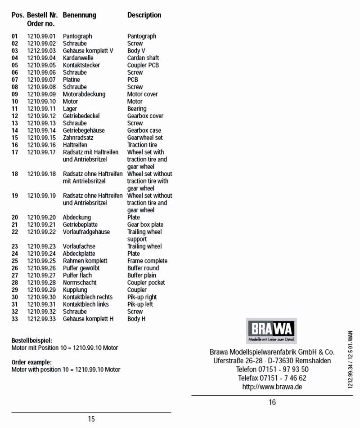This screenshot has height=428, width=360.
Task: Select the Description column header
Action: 144,15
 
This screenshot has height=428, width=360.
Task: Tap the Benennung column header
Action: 79,15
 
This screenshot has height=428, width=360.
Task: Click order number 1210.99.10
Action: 41,102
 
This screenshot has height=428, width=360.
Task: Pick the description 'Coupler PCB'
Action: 143,65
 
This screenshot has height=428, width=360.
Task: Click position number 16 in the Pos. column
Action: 15,145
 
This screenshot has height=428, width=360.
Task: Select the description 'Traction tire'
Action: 142,145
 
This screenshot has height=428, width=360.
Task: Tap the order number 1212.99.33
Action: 41,319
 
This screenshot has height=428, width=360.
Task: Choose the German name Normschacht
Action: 80,283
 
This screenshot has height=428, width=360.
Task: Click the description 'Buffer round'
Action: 143,268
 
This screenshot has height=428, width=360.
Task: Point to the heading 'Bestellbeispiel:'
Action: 32,340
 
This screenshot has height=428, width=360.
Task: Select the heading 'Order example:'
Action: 31,362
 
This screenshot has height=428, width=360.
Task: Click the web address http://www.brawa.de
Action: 272,387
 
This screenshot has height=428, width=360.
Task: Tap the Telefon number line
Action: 272,370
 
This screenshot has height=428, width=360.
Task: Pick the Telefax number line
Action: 272,378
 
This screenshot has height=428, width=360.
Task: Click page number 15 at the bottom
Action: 91,419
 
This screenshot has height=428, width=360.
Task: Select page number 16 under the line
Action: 272,402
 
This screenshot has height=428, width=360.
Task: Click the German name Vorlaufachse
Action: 79,246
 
